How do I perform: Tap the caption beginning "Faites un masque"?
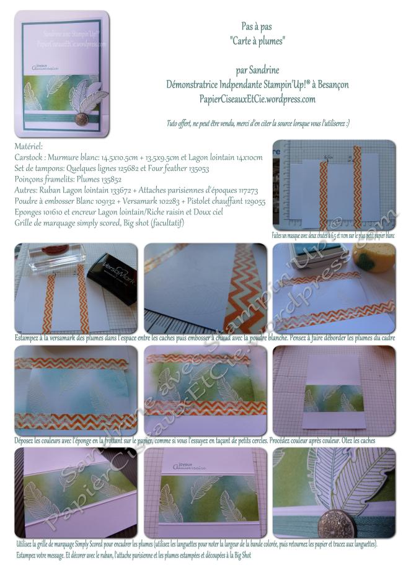coord(334,235)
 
